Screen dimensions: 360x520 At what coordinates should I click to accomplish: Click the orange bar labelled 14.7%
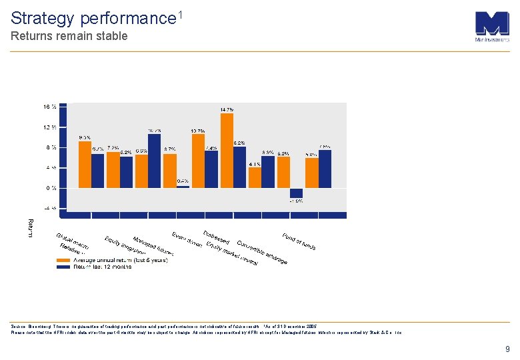pyautogui.click(x=227, y=151)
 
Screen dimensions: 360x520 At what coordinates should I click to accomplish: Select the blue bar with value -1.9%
pyautogui.click(x=296, y=192)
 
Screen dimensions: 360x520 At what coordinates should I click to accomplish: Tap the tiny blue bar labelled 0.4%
pyautogui.click(x=183, y=186)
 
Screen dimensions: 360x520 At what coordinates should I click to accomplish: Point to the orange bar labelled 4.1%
pyautogui.click(x=255, y=177)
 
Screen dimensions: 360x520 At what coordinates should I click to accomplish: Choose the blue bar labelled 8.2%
pyautogui.click(x=239, y=167)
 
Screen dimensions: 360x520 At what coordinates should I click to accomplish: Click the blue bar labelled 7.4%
pyautogui.click(x=211, y=169)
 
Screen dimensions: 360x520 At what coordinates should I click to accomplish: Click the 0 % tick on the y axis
pyautogui.click(x=51, y=188)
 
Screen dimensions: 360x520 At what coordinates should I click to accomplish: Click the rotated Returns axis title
pyautogui.click(x=29, y=227)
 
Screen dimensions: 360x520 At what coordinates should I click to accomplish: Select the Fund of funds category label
pyautogui.click(x=299, y=241)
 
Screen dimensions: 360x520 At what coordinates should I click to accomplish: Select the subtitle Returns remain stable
pyautogui.click(x=69, y=36)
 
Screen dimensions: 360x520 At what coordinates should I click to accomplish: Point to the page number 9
pyautogui.click(x=507, y=349)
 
